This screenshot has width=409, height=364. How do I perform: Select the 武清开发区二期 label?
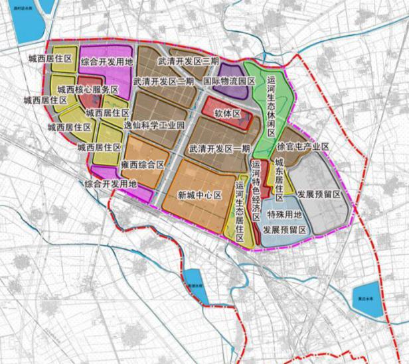point(163,82)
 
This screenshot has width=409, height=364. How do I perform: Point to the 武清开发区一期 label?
point(219,148)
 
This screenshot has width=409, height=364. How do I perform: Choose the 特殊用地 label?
point(284,215)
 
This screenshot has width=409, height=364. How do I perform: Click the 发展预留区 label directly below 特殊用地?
point(284,229)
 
